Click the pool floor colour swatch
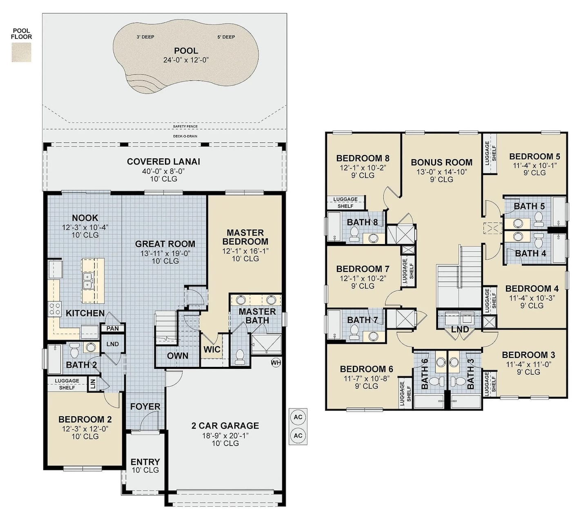[21, 52]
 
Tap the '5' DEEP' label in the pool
[226, 37]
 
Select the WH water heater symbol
[276, 362]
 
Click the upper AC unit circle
[298, 417]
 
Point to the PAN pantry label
[113, 329]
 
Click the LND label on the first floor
[113, 344]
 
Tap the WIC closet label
[212, 349]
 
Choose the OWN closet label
[178, 356]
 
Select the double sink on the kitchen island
[87, 281]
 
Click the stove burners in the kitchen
[55, 309]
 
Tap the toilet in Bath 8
[354, 234]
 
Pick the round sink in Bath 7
[373, 336]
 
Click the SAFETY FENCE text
[185, 127]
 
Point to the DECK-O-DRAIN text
[185, 136]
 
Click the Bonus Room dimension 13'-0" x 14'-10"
[441, 172]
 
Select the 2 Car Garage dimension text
[225, 435]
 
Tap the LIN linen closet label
[93, 384]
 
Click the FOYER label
[145, 406]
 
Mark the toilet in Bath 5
[539, 219]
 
